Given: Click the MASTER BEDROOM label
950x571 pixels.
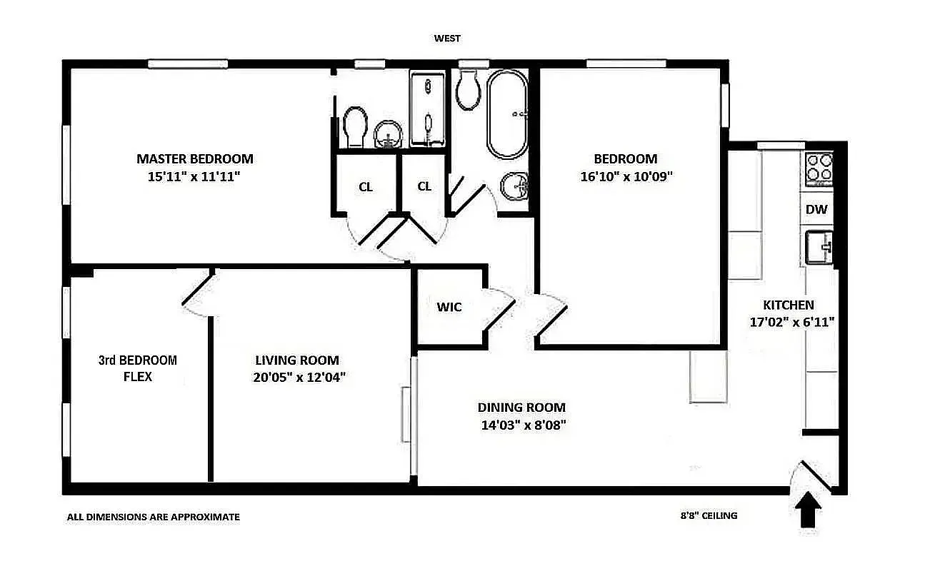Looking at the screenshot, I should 194,158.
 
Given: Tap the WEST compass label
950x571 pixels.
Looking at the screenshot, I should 448,39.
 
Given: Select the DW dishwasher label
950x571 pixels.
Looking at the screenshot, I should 816,209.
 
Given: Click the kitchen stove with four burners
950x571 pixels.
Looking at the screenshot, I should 819,168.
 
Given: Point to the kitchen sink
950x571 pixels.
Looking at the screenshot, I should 819,247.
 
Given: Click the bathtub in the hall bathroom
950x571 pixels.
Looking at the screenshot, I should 507,114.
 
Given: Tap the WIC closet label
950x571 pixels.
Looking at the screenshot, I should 449,307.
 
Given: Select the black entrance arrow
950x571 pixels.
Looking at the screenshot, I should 808,511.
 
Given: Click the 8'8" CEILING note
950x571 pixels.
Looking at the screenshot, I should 709,515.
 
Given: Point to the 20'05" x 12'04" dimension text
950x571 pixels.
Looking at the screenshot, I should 299,378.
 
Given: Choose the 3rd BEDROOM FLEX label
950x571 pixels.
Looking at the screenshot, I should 138,368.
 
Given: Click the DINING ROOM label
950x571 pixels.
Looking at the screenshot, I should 521,408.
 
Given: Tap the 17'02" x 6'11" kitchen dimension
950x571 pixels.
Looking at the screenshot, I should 792,322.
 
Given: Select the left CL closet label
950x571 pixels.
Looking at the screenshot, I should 366,187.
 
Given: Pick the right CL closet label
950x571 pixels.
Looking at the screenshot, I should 424,186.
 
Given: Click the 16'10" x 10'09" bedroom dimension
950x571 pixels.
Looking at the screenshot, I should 626,176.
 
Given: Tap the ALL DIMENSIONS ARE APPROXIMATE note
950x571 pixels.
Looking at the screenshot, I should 154,517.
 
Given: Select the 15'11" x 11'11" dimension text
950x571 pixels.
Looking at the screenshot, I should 194,176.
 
